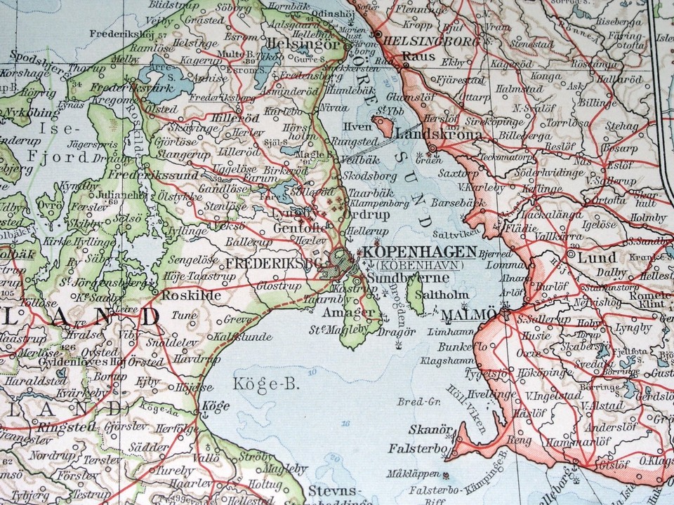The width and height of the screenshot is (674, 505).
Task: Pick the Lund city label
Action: [x=597, y=257]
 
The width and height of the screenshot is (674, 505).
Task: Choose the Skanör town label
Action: [x=428, y=429]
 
